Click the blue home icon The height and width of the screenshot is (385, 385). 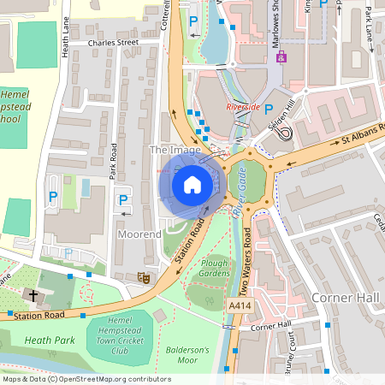coord(192,184)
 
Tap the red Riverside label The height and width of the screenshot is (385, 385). coord(243,107)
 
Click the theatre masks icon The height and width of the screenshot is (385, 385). coord(143,276)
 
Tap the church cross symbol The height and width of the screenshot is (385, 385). coord(33,295)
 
